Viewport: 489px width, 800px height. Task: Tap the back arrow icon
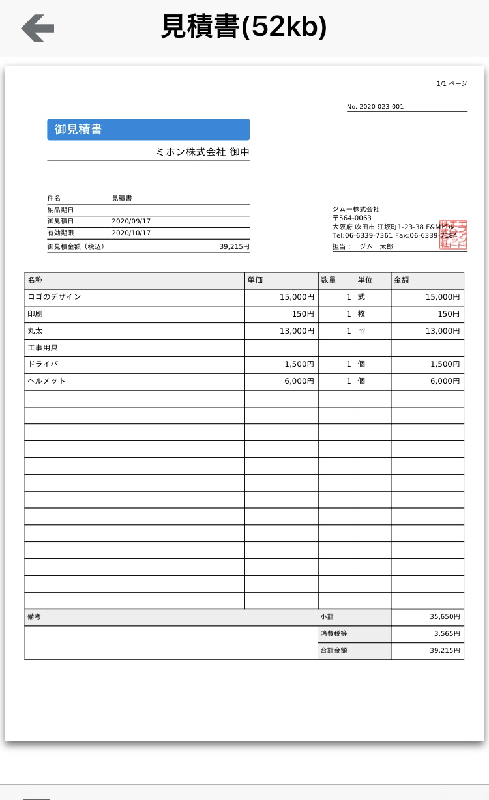click(x=37, y=28)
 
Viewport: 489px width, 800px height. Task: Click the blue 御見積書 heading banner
click(x=148, y=130)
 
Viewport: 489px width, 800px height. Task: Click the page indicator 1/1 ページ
click(x=451, y=84)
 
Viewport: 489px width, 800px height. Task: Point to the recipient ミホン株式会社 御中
click(x=202, y=152)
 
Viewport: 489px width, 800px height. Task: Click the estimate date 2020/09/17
click(x=131, y=221)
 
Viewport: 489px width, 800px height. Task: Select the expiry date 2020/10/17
click(x=131, y=233)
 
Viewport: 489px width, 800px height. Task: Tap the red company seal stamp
click(x=454, y=235)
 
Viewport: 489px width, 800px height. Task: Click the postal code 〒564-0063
click(x=352, y=218)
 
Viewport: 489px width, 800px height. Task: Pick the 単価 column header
click(x=281, y=280)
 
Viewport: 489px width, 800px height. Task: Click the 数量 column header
click(x=336, y=280)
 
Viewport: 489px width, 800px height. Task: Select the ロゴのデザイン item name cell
click(x=134, y=297)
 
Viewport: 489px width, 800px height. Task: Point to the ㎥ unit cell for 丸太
click(x=372, y=331)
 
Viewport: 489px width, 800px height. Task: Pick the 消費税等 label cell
click(x=354, y=634)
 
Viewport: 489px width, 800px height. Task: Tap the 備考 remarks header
click(x=170, y=617)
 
